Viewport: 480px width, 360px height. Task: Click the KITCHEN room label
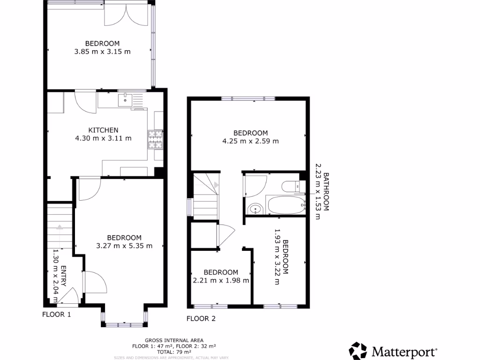(x=103, y=130)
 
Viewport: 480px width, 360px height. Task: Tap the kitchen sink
(x=125, y=99)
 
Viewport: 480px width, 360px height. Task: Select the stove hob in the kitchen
(x=155, y=139)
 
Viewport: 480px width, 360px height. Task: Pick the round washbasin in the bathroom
(x=255, y=208)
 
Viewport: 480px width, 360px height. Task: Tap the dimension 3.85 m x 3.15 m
(x=102, y=52)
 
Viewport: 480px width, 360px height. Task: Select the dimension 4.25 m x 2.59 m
(x=251, y=141)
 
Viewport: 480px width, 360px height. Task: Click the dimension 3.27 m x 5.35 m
(x=124, y=245)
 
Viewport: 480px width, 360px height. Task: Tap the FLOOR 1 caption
(x=56, y=315)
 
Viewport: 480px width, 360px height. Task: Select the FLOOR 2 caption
(x=201, y=319)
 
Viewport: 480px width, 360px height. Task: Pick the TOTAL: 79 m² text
(x=174, y=351)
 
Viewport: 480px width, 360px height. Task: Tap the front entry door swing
(x=68, y=298)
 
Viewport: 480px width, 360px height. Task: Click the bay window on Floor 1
(x=125, y=323)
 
